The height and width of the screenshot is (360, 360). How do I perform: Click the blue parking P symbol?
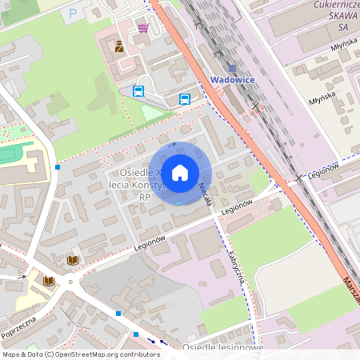pos(74,13)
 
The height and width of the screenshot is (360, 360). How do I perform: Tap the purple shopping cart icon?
pos(143,28)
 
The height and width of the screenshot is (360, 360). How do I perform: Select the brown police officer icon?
pos(119,46)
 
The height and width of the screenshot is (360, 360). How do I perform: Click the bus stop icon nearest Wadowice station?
pos(185,99)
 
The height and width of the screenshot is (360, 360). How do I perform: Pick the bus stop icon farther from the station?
pos(138,91)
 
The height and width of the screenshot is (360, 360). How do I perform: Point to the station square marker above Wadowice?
pos(232,69)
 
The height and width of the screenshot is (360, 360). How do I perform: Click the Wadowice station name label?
pos(232,79)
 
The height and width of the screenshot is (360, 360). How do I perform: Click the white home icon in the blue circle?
pos(180,172)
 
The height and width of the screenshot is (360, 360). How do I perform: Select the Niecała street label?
pos(204,191)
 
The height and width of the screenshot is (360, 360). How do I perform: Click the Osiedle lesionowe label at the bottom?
pos(222,348)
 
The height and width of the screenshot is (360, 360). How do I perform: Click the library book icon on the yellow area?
pos(47,281)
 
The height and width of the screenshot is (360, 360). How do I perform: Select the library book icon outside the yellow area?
pos(73,260)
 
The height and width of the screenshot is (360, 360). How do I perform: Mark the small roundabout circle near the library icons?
pos(70,281)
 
